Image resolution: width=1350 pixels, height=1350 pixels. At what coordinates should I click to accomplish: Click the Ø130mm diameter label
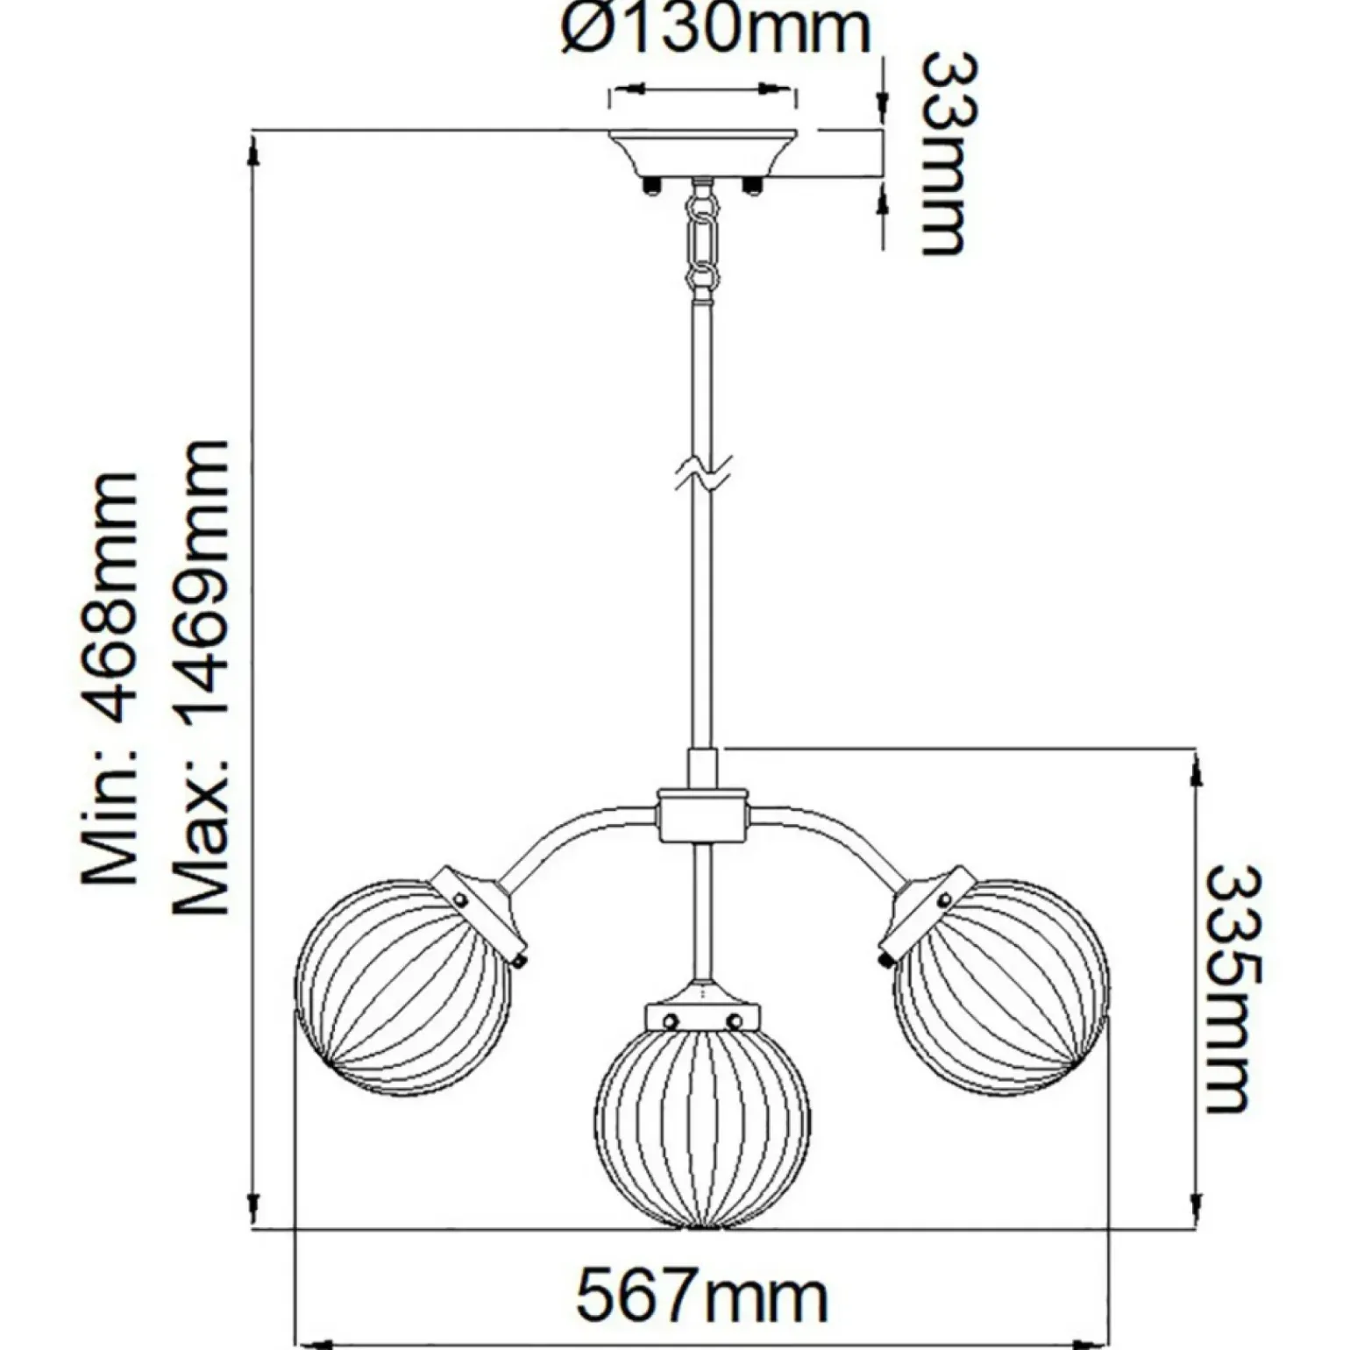715,30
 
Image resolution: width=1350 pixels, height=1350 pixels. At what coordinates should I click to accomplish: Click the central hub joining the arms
703,814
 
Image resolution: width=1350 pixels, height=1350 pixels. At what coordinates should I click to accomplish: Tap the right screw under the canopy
751,185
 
